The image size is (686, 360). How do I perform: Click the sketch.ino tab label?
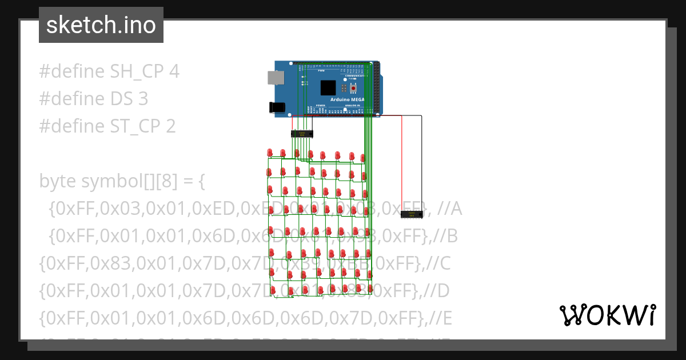tap(101, 25)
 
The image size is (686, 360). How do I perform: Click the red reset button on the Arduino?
tap(353, 88)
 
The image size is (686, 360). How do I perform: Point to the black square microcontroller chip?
tap(328, 87)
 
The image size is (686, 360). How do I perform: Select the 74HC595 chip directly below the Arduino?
tap(302, 134)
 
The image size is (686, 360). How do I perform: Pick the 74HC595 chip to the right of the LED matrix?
tap(412, 214)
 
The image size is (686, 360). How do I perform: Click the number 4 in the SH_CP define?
tap(174, 71)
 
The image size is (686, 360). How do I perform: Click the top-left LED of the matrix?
tap(270, 153)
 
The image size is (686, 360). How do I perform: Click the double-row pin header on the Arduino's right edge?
tap(377, 86)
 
